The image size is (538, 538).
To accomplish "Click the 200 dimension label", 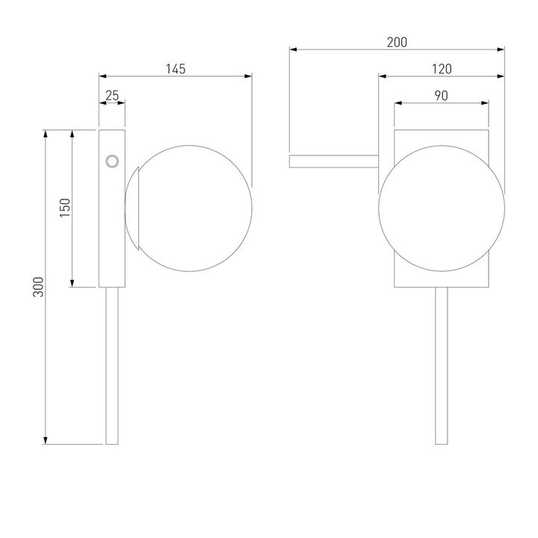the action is point(397,42).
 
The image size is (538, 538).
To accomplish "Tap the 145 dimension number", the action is point(176,69).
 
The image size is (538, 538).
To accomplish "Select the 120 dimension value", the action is point(442,69).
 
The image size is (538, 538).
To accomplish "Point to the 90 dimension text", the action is point(442,96).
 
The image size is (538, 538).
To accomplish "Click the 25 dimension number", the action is point(112,96).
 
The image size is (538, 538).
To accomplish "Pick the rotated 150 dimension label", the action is point(65,208).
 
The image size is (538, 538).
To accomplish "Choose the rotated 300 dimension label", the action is point(38,286).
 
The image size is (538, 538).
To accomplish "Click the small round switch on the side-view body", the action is point(112,161).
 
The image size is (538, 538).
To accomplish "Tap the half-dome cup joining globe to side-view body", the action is point(132,208).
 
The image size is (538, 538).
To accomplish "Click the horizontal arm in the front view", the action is point(334,161).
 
